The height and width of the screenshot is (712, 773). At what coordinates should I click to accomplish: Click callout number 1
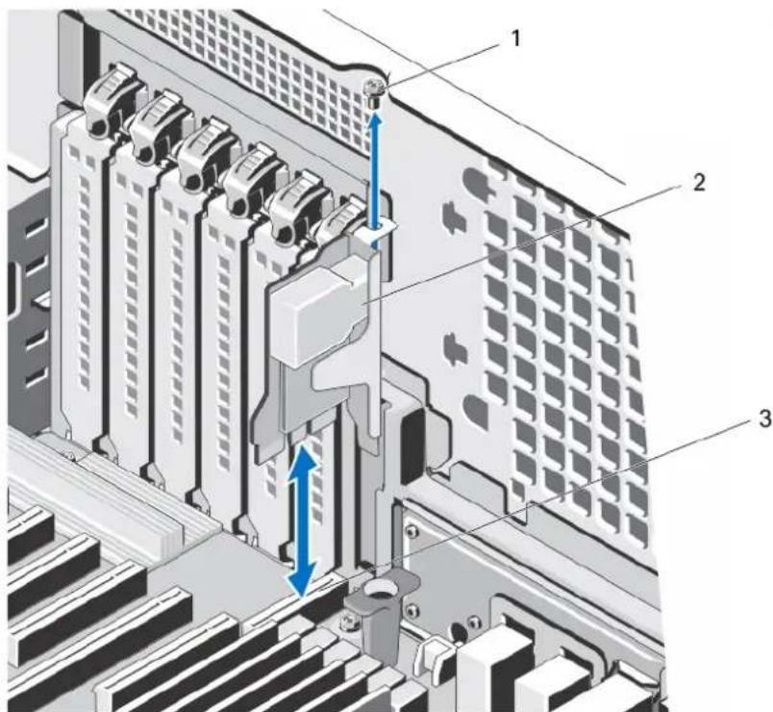[515, 38]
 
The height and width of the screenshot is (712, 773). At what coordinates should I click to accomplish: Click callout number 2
[699, 183]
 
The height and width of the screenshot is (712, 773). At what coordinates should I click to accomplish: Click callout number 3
[764, 420]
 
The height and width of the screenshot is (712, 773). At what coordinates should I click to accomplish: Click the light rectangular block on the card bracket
[319, 315]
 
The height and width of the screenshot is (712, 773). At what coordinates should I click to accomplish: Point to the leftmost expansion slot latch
[110, 101]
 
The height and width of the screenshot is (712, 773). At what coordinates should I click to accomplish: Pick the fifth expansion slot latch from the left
[295, 206]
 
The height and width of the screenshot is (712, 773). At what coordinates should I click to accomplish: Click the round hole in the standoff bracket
[380, 588]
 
